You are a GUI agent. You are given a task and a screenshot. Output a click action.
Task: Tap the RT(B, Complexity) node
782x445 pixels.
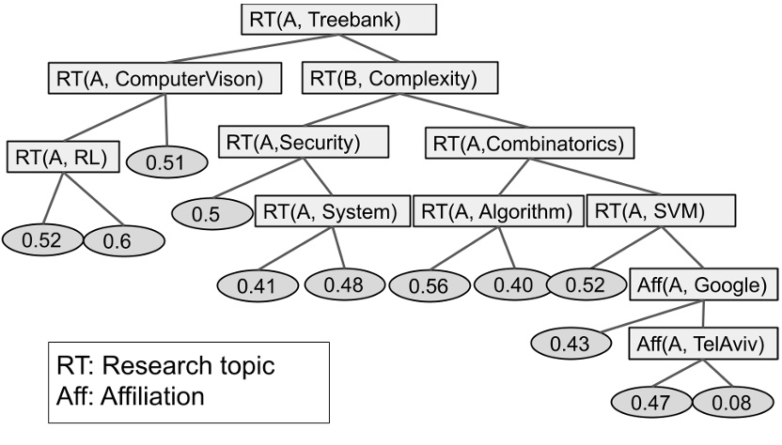pyautogui.click(x=387, y=79)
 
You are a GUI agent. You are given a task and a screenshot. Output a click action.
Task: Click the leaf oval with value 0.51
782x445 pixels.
pyautogui.click(x=168, y=161)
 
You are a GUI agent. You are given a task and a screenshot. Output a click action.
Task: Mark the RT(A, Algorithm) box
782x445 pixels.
pyautogui.click(x=495, y=212)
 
